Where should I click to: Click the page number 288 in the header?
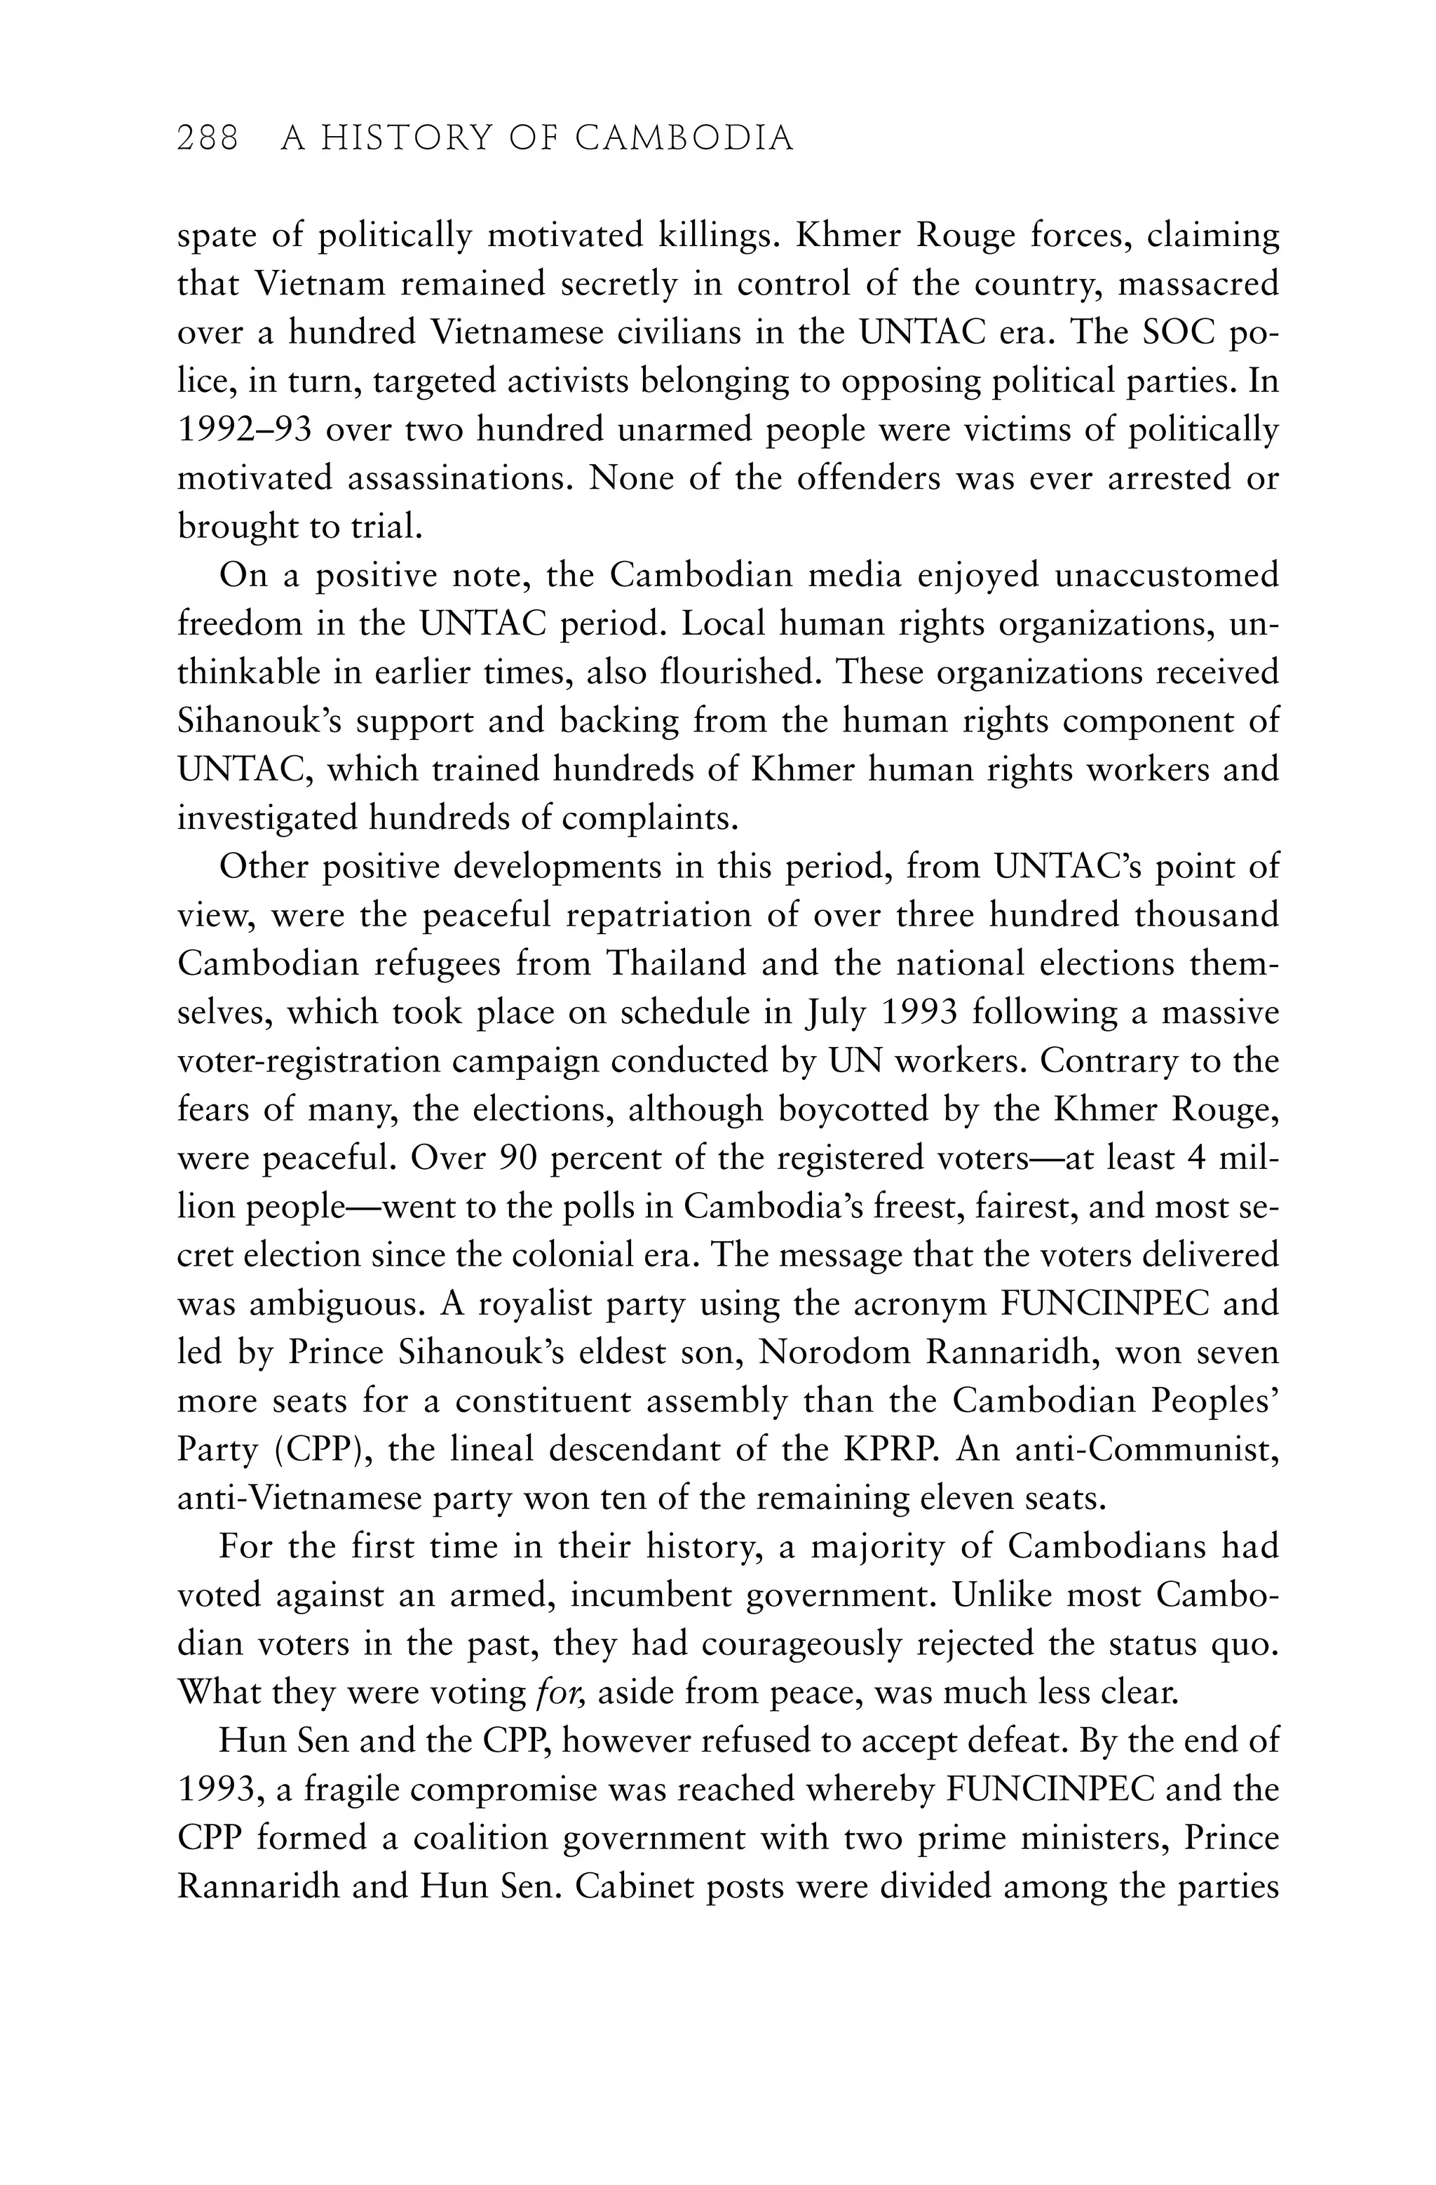tap(208, 139)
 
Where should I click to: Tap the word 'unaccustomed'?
tap(1166, 576)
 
